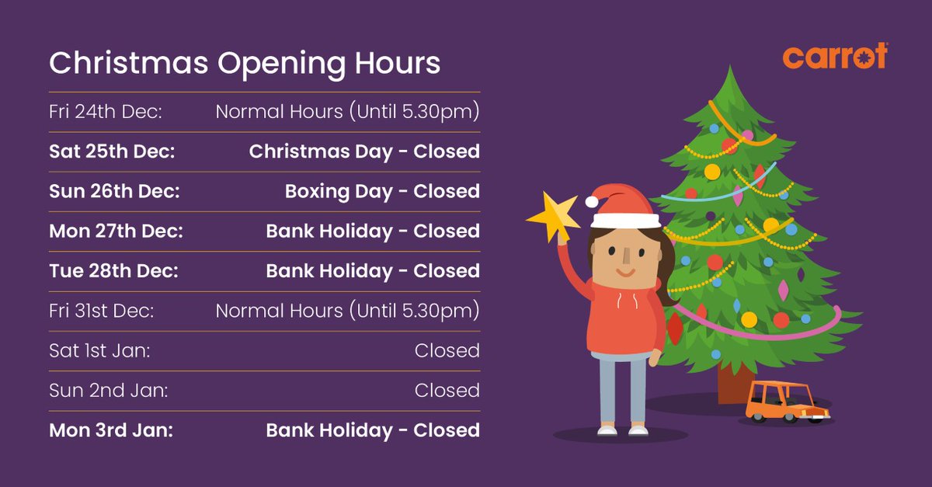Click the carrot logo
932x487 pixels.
(834, 57)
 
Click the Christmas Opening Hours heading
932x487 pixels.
(245, 64)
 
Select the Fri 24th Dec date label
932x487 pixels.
(105, 111)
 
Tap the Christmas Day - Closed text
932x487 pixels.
(363, 151)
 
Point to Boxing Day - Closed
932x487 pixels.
(381, 191)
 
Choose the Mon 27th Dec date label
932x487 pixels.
(115, 231)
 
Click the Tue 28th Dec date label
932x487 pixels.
(113, 271)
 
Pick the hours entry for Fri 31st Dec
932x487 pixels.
(347, 311)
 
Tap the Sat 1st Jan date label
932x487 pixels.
(99, 350)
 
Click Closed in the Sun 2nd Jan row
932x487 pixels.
(447, 390)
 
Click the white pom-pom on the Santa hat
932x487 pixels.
(592, 201)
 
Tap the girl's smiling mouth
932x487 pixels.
(625, 272)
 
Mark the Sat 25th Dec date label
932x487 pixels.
(112, 151)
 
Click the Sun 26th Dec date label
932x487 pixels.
(114, 191)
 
